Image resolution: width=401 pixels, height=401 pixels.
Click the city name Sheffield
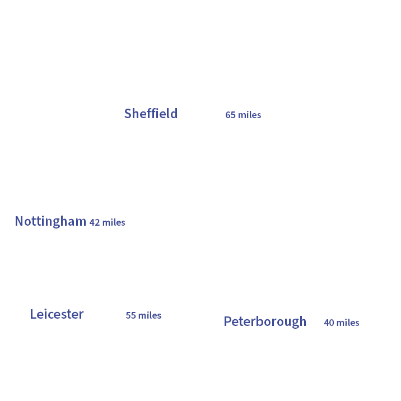tap(151, 114)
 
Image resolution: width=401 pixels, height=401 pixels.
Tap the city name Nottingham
tap(50, 221)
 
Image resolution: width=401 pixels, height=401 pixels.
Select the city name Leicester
tap(57, 314)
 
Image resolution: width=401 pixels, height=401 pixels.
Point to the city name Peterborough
tap(265, 321)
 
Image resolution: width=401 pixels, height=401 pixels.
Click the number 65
tap(230, 115)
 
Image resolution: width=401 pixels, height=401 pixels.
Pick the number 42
tap(94, 222)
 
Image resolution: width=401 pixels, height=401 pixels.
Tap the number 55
tap(130, 315)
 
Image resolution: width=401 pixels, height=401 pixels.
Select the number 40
tap(329, 323)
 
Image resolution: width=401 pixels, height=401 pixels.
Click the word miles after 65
tap(250, 115)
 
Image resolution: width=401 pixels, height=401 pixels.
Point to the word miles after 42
tap(114, 222)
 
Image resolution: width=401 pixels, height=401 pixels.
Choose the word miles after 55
tap(150, 315)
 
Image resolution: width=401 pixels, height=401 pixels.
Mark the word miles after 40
tap(348, 323)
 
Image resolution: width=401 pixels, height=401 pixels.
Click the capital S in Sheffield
tap(128, 114)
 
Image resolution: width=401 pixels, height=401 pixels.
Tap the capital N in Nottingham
tap(19, 221)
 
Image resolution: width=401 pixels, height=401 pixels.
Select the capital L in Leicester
tap(33, 314)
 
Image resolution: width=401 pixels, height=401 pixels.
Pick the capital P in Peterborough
tap(227, 321)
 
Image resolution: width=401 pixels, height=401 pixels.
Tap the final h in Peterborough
tap(303, 321)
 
